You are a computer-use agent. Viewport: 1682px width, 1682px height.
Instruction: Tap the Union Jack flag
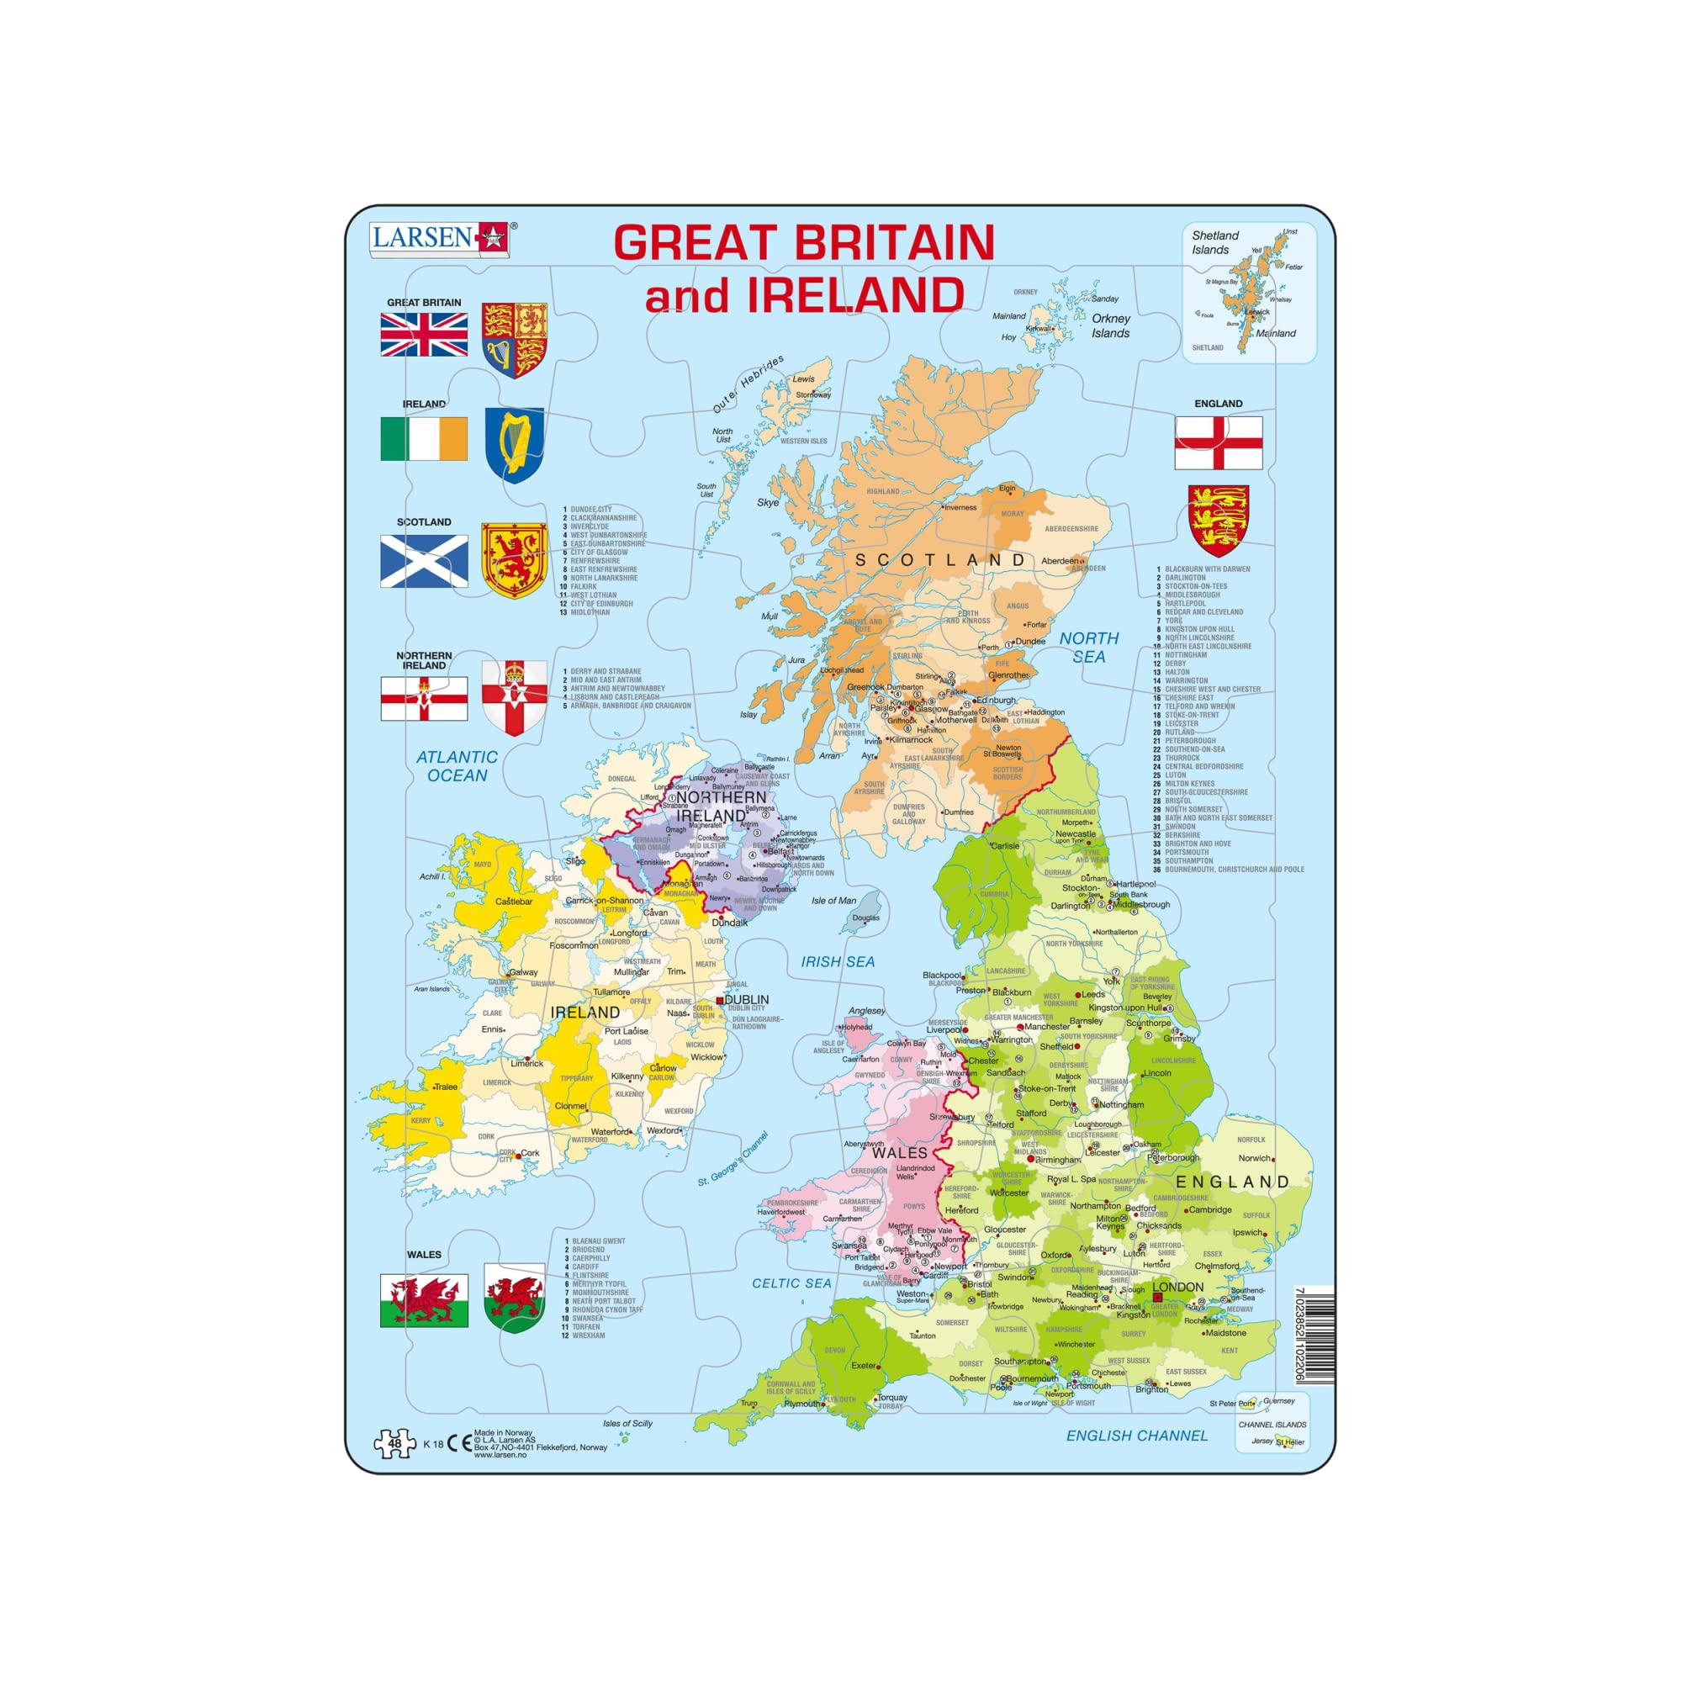point(424,335)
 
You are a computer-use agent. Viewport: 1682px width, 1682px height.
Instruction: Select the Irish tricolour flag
point(424,438)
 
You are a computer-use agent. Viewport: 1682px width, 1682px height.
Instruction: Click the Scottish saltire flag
point(424,561)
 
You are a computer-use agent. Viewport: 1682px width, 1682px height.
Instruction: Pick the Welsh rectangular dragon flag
point(424,1301)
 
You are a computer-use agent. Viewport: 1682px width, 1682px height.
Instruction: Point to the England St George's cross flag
point(1218,442)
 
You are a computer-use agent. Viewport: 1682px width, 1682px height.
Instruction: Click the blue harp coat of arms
point(515,444)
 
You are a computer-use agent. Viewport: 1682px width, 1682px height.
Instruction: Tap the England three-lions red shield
point(1218,521)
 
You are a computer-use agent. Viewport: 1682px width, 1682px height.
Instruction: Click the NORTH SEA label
point(1088,647)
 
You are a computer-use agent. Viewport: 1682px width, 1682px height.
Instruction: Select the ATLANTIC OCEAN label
point(457,766)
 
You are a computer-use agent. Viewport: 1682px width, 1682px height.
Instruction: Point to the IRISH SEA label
point(838,961)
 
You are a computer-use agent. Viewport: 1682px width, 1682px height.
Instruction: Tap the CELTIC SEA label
point(791,1283)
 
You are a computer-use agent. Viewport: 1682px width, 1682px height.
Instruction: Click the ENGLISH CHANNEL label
point(1136,1436)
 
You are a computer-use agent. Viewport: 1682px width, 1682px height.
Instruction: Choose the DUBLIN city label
point(747,999)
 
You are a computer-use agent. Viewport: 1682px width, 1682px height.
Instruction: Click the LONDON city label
point(1178,1287)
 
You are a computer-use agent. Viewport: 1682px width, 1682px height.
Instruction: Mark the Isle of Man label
point(833,900)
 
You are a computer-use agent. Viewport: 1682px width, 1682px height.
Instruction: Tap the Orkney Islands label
point(1111,325)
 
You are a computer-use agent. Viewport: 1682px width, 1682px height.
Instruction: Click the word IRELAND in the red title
point(855,296)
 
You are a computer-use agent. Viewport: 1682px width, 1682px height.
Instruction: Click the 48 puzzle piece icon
point(394,1442)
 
